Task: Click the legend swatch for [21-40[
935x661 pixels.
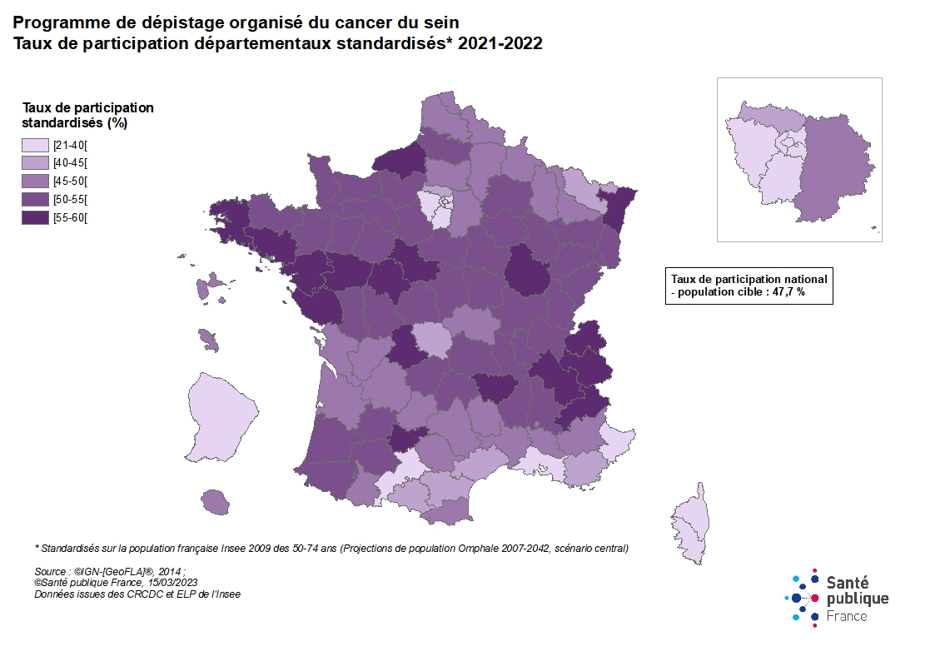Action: pyautogui.click(x=35, y=145)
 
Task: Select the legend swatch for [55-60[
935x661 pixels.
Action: pyautogui.click(x=35, y=218)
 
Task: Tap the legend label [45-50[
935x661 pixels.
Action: pyautogui.click(x=70, y=181)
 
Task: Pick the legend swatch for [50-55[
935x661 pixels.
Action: pyautogui.click(x=35, y=200)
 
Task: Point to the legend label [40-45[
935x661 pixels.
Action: pyautogui.click(x=70, y=163)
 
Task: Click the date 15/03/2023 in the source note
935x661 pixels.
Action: pyautogui.click(x=169, y=583)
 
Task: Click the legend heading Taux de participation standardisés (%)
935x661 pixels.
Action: pyautogui.click(x=87, y=115)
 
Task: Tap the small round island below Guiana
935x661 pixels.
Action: pyautogui.click(x=215, y=501)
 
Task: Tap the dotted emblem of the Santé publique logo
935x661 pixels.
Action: pyautogui.click(x=803, y=599)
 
